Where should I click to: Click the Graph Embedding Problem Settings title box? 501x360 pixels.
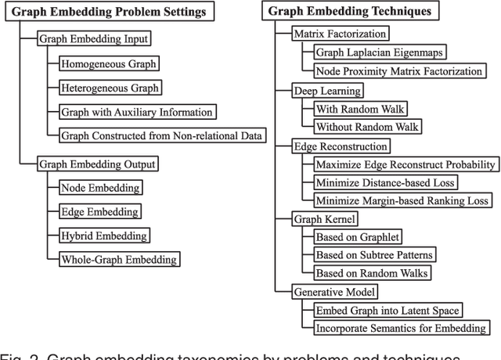[x=110, y=12]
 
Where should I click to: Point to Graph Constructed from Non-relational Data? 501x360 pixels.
[x=162, y=135]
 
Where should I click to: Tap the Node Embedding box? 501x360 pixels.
[x=100, y=188]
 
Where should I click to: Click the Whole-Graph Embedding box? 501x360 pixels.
[x=118, y=259]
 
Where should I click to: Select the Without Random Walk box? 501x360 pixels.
[x=366, y=126]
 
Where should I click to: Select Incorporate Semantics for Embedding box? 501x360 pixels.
[x=400, y=328]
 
